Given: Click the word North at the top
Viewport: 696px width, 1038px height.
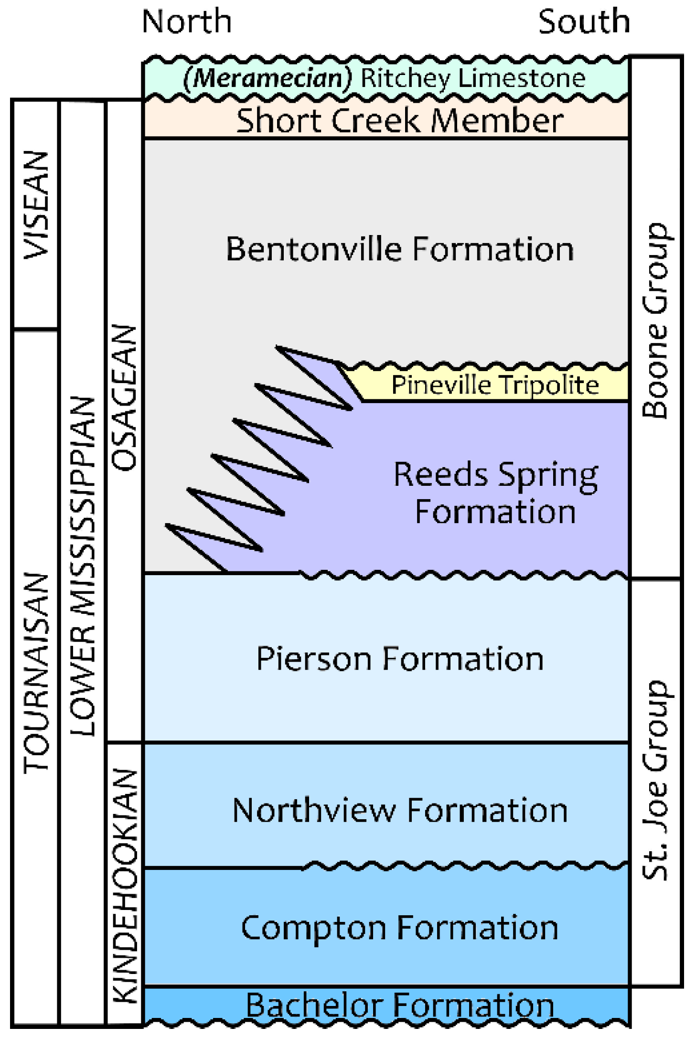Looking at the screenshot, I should [187, 22].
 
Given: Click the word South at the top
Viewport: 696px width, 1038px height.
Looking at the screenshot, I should [584, 22].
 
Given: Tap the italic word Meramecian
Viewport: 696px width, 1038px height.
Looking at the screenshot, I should [268, 78].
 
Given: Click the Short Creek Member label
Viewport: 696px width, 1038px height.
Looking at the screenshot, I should [399, 120].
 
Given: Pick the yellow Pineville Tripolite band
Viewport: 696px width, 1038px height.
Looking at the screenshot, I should [495, 385].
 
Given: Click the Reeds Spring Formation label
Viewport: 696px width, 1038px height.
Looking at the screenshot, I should [495, 493].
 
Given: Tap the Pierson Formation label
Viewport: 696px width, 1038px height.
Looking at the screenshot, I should [399, 659].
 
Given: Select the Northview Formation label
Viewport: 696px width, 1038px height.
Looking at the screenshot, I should [399, 811].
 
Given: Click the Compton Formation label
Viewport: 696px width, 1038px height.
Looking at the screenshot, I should [399, 928].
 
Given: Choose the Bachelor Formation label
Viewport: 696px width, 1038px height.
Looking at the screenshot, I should [399, 1005].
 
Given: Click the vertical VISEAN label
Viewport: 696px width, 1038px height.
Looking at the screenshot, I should [36, 205].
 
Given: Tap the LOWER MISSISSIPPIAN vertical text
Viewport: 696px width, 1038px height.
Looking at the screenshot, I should [82, 566].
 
